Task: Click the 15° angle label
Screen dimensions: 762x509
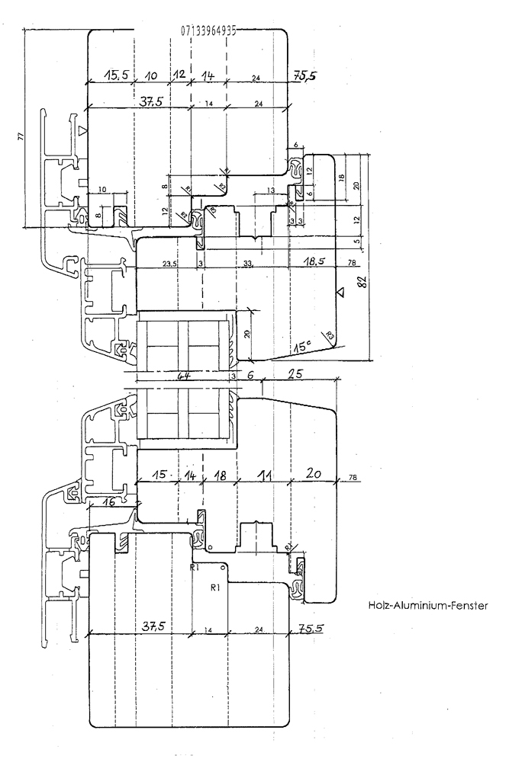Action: click(x=301, y=347)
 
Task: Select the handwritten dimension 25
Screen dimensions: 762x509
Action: click(x=296, y=375)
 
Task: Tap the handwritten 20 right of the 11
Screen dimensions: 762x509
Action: click(x=314, y=475)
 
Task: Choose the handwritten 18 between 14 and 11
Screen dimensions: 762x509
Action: click(x=218, y=475)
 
